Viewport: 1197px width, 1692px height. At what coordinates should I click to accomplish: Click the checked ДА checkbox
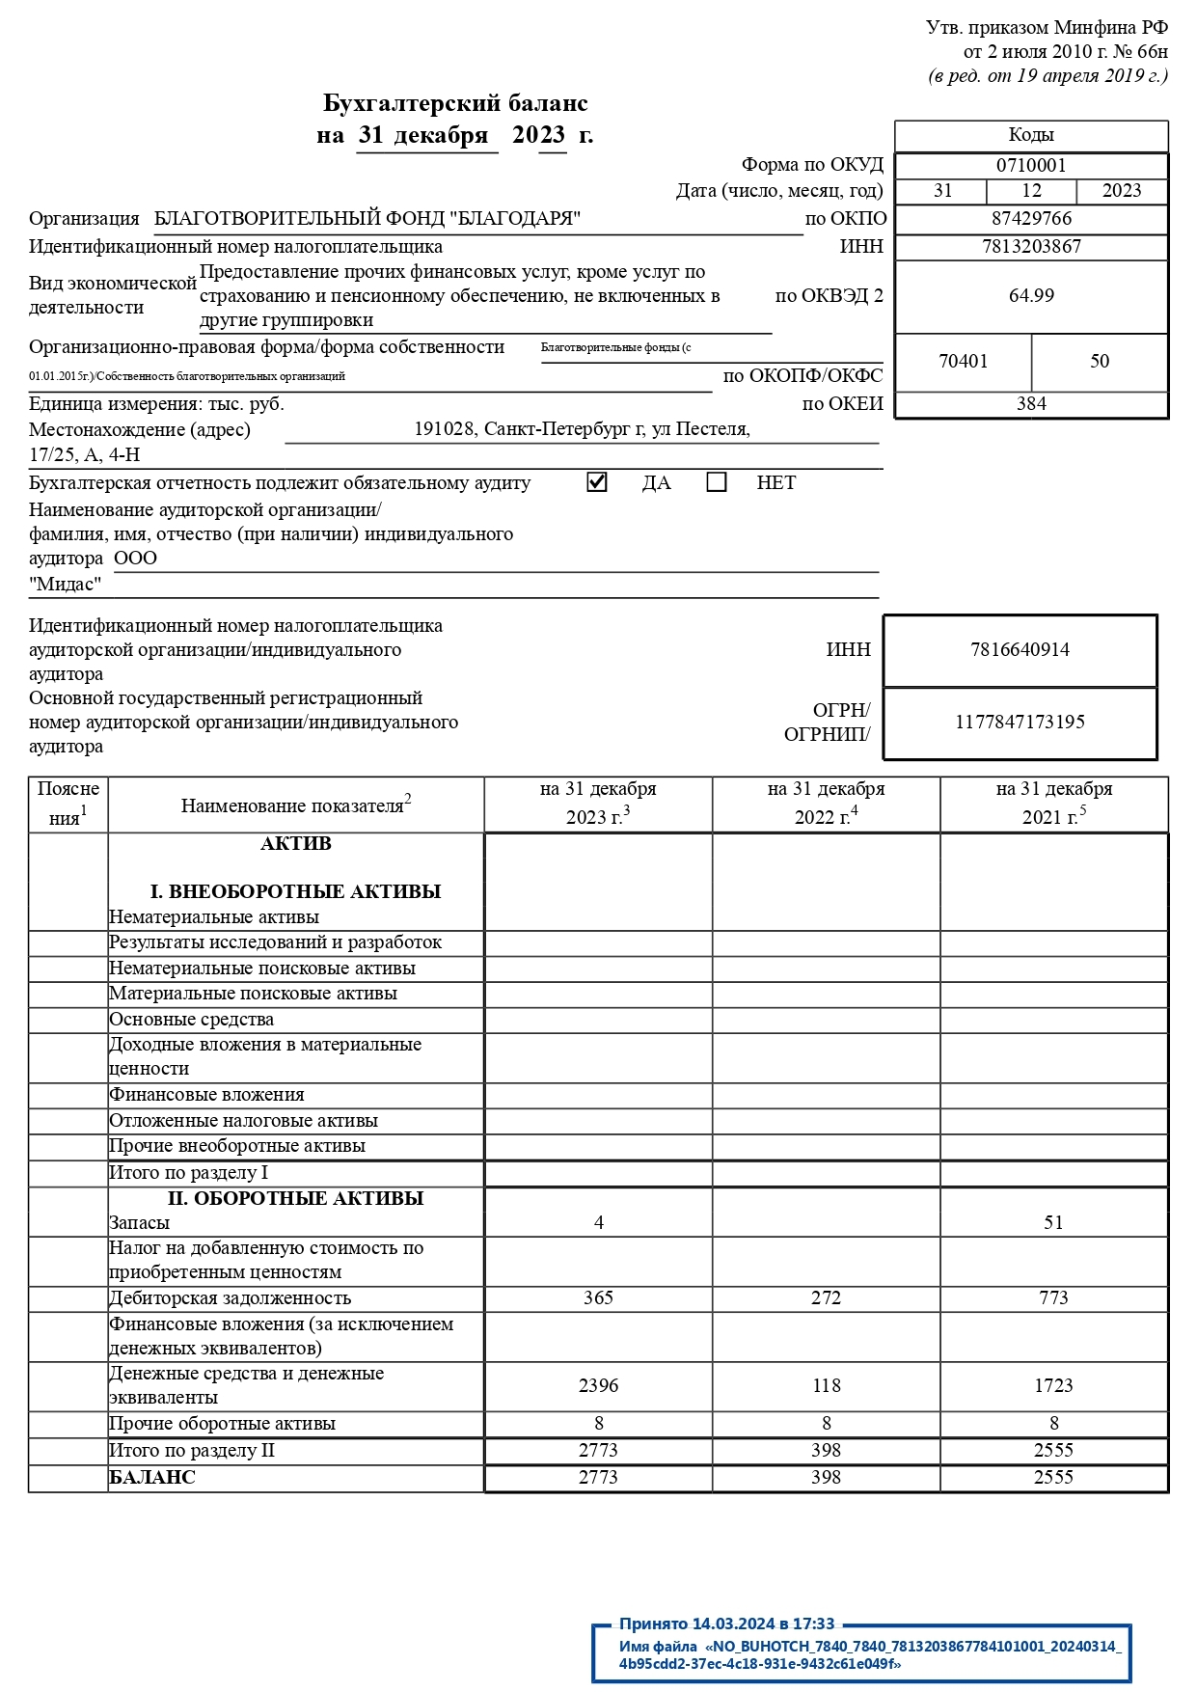[597, 482]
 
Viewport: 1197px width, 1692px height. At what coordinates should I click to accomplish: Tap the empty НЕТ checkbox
[716, 482]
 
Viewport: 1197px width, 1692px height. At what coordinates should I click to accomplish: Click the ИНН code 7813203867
[1031, 247]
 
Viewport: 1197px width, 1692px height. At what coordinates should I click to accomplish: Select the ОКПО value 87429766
[1031, 219]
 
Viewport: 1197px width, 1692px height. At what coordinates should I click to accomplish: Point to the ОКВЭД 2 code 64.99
[1031, 296]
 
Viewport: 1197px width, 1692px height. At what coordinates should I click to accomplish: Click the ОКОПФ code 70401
[963, 362]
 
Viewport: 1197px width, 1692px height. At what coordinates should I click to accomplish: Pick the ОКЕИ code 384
[1031, 404]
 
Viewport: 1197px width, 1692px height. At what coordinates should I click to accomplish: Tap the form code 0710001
[1031, 166]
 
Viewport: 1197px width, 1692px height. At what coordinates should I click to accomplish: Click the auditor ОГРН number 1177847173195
[1020, 723]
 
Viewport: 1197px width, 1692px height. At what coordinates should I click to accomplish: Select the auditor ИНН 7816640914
[1020, 650]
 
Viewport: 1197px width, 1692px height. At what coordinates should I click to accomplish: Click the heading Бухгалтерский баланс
[455, 103]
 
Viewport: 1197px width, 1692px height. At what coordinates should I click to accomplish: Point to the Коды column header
[1031, 135]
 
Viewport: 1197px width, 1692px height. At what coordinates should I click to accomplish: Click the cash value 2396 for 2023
[598, 1386]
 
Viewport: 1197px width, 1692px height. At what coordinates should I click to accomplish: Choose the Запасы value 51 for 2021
[1053, 1223]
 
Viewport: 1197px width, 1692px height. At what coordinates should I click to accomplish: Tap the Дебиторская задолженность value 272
[826, 1298]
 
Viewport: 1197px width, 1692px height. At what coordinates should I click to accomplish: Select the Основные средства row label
[191, 1020]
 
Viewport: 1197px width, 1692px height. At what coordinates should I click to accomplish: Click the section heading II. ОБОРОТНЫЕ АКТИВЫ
[295, 1199]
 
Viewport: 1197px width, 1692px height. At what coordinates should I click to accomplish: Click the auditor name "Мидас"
[65, 585]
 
